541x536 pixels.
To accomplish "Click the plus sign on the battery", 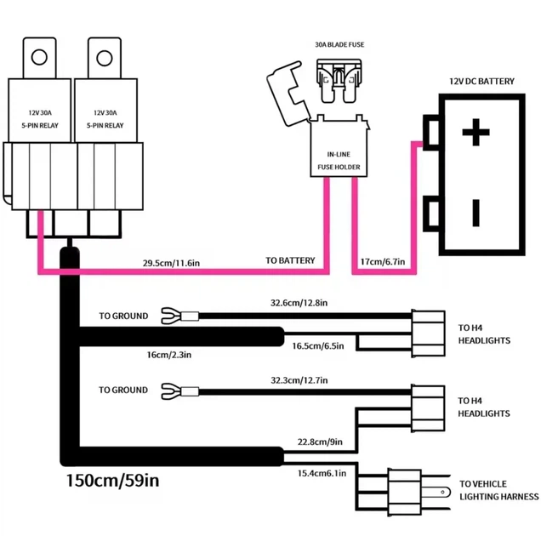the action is click(x=476, y=132).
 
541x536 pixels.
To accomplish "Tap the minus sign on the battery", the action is click(x=476, y=213).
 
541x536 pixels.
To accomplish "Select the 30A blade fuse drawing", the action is click(x=339, y=81).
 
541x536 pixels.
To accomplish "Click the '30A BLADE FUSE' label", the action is click(x=339, y=44).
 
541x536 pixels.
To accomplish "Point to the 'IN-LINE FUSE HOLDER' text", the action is click(x=339, y=161).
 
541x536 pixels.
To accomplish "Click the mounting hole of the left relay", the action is click(x=39, y=57).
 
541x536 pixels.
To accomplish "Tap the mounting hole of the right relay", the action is click(x=104, y=58).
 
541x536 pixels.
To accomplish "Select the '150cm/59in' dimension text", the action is click(x=112, y=480).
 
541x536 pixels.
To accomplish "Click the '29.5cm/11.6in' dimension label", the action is click(x=171, y=263).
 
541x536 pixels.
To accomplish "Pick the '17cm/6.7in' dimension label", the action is click(x=383, y=261).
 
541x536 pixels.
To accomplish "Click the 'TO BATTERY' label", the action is click(x=290, y=260).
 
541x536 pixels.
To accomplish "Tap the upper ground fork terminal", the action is click(x=180, y=316).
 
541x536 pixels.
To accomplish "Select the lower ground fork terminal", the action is click(x=180, y=391).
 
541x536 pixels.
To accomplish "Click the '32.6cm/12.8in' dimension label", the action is click(x=299, y=303).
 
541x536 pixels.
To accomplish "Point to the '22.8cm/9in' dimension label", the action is click(x=320, y=442).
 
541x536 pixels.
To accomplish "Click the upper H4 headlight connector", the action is click(x=428, y=334).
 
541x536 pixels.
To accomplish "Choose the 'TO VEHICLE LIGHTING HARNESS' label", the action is click(x=498, y=490).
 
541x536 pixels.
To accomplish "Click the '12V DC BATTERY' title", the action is click(x=481, y=81).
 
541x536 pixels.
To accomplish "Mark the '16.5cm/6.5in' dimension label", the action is click(x=318, y=345).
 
